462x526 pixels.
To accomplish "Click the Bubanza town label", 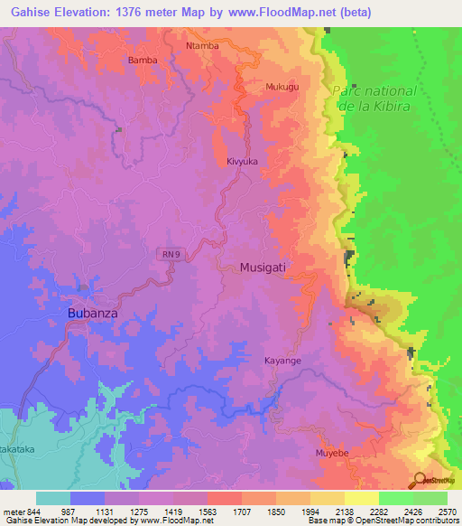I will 93,314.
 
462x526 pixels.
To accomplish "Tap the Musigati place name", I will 269,268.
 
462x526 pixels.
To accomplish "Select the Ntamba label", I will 202,45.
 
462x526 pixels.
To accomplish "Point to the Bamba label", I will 143,61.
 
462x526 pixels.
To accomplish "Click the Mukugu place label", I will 282,87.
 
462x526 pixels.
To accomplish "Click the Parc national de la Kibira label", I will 374,99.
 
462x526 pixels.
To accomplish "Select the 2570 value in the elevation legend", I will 448,512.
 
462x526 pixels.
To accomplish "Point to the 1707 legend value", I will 242,512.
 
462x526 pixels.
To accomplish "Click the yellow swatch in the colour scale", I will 361,498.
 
